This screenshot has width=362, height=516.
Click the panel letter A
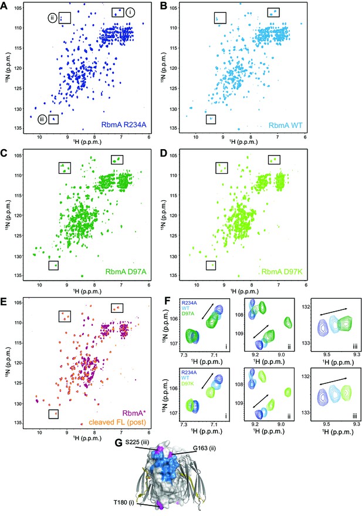click(4, 6)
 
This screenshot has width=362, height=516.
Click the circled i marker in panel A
click(130, 12)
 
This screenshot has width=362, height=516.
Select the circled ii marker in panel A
click(53, 18)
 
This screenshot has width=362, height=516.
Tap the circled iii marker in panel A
click(42, 119)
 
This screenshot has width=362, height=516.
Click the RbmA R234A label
click(124, 125)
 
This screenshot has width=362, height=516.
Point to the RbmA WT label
click(285, 126)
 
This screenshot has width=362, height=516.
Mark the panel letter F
click(167, 301)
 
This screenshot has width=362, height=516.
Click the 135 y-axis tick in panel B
click(174, 128)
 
